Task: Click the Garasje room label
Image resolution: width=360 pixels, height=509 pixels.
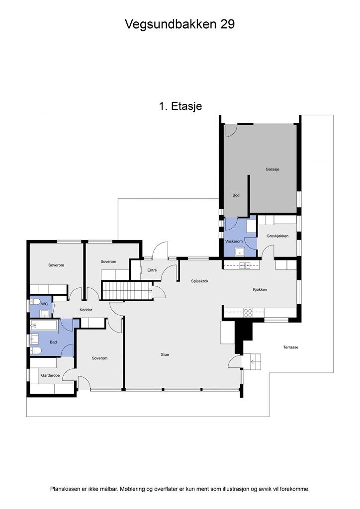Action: (x=272, y=169)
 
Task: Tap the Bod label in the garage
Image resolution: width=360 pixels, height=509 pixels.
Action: (x=236, y=195)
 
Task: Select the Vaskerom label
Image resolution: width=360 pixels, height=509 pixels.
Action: (x=234, y=241)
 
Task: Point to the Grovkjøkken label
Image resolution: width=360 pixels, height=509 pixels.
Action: (x=277, y=236)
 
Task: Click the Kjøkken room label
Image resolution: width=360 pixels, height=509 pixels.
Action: (x=260, y=290)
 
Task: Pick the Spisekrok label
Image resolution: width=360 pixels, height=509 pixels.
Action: (x=199, y=281)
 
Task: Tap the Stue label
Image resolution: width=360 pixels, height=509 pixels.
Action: (x=165, y=354)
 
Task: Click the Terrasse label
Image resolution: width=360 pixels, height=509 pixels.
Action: (x=290, y=347)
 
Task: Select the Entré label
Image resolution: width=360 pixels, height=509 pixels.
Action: (x=152, y=270)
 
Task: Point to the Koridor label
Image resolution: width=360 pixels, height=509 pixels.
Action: (x=86, y=310)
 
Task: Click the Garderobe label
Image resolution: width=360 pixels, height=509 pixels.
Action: (x=50, y=375)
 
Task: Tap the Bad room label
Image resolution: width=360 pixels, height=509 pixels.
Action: (x=53, y=342)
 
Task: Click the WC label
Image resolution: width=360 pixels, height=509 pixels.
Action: (x=44, y=304)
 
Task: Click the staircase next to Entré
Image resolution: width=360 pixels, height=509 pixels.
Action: (x=128, y=290)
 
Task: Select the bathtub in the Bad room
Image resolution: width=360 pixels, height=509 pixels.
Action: (x=44, y=325)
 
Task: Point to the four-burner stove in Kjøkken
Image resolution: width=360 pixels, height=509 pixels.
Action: (x=248, y=313)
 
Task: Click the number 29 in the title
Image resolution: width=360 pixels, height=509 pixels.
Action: (x=228, y=24)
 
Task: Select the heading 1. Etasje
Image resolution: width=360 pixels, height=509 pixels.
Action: (x=180, y=106)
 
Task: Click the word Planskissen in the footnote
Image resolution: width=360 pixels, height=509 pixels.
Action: (x=65, y=489)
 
